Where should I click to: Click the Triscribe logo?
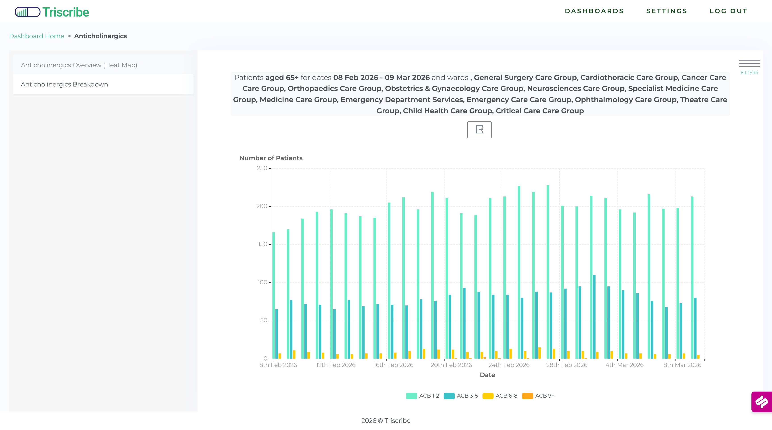[52, 12]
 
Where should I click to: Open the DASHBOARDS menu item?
[594, 11]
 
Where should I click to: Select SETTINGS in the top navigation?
[667, 11]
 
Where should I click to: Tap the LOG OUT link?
[728, 11]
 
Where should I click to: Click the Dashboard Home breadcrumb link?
[37, 36]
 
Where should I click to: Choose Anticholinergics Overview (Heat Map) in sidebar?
[79, 65]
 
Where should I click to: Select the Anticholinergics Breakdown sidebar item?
[64, 84]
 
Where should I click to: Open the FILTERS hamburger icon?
[749, 63]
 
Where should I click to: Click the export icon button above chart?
[479, 130]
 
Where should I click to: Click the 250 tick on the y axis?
[262, 168]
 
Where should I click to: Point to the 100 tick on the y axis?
[262, 282]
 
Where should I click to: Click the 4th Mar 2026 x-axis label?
[624, 365]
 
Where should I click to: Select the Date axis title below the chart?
[487, 375]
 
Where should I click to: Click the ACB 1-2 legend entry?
[423, 396]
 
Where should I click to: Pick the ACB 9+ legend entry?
[538, 396]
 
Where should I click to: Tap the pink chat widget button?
[762, 402]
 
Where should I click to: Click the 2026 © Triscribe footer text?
[386, 421]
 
